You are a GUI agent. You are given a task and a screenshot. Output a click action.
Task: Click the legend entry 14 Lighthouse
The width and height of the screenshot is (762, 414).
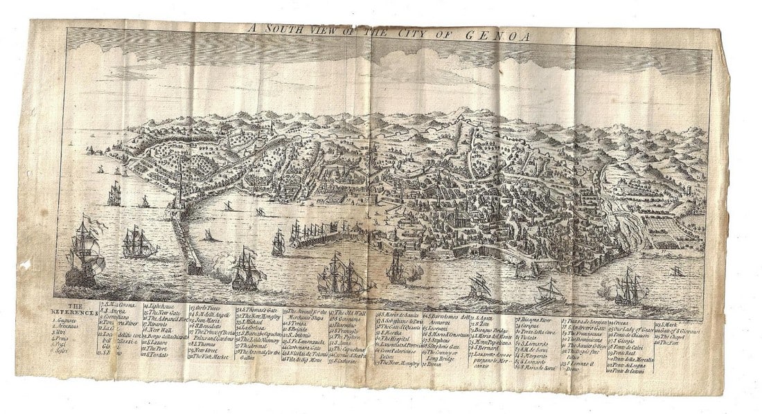(161, 305)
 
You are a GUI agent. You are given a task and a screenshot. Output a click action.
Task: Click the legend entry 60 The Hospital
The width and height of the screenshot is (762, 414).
(400, 339)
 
